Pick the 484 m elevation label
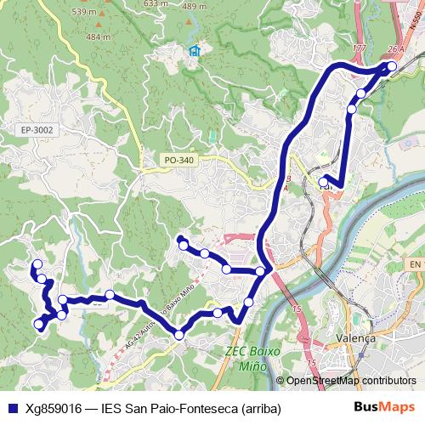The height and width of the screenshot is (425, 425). click(98, 37)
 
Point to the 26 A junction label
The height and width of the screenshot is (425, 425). click(394, 48)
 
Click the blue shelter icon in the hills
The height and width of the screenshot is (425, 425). click(195, 51)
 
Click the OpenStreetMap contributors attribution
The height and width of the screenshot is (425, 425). click(351, 381)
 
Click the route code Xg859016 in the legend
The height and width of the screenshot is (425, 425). click(54, 408)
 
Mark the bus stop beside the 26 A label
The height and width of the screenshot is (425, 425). click(392, 65)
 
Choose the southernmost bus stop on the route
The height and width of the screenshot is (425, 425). click(178, 336)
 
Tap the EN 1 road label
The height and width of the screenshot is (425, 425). click(415, 265)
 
